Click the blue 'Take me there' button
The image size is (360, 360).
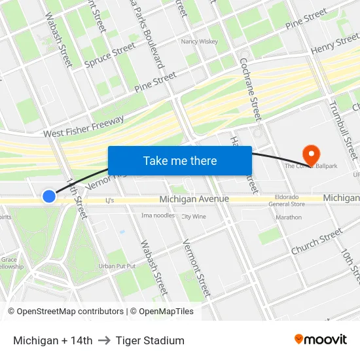180,160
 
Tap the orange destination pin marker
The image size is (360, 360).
310,154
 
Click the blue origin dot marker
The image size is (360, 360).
49,196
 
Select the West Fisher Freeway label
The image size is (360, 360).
84,126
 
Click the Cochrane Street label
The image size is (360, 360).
251,89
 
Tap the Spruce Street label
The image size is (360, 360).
110,56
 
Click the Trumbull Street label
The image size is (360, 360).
343,128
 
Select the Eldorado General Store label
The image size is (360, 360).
287,200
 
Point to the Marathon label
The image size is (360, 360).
289,217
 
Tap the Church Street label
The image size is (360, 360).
317,242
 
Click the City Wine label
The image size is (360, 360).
194,217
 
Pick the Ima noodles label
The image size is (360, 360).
158,215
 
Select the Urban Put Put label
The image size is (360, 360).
117,266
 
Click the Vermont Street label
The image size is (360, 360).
197,268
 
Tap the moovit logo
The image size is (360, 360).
321,340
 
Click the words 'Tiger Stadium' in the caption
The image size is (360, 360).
150,340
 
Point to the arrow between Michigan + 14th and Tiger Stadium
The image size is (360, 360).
104,340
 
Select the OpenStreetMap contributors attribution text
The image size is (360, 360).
65,312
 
